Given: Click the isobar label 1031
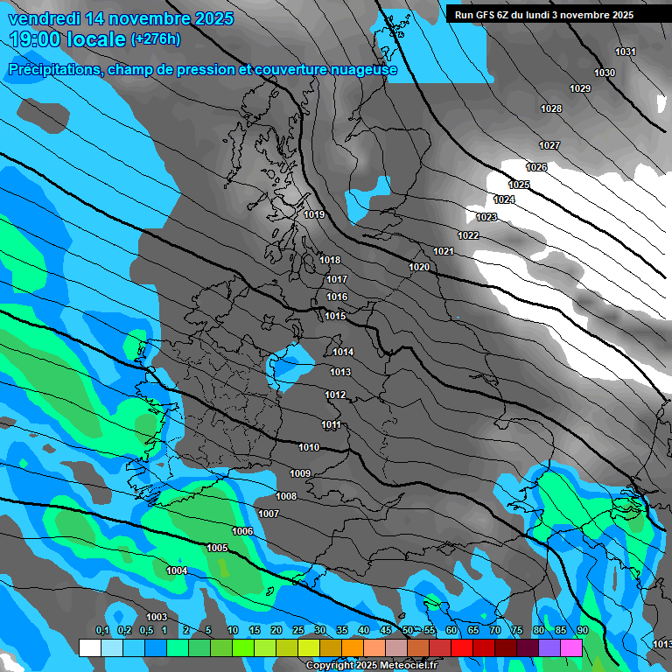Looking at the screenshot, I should point(625,52).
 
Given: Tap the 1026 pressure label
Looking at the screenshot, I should point(536,167).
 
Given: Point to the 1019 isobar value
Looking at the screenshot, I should point(314,214).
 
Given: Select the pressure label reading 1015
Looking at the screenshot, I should point(335,317).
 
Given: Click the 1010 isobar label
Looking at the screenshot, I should point(309,447).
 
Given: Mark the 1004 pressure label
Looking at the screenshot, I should point(177,570).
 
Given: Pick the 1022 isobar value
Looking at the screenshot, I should point(468,236).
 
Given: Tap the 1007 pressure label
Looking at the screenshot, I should point(269,514).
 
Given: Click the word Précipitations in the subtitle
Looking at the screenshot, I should point(52,69).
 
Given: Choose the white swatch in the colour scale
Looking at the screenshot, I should point(90,647).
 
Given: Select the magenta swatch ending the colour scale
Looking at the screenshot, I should point(571,647).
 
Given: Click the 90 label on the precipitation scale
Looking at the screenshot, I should point(582,631).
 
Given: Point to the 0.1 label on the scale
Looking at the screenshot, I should point(102,631).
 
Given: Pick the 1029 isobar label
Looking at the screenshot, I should point(579,88).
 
